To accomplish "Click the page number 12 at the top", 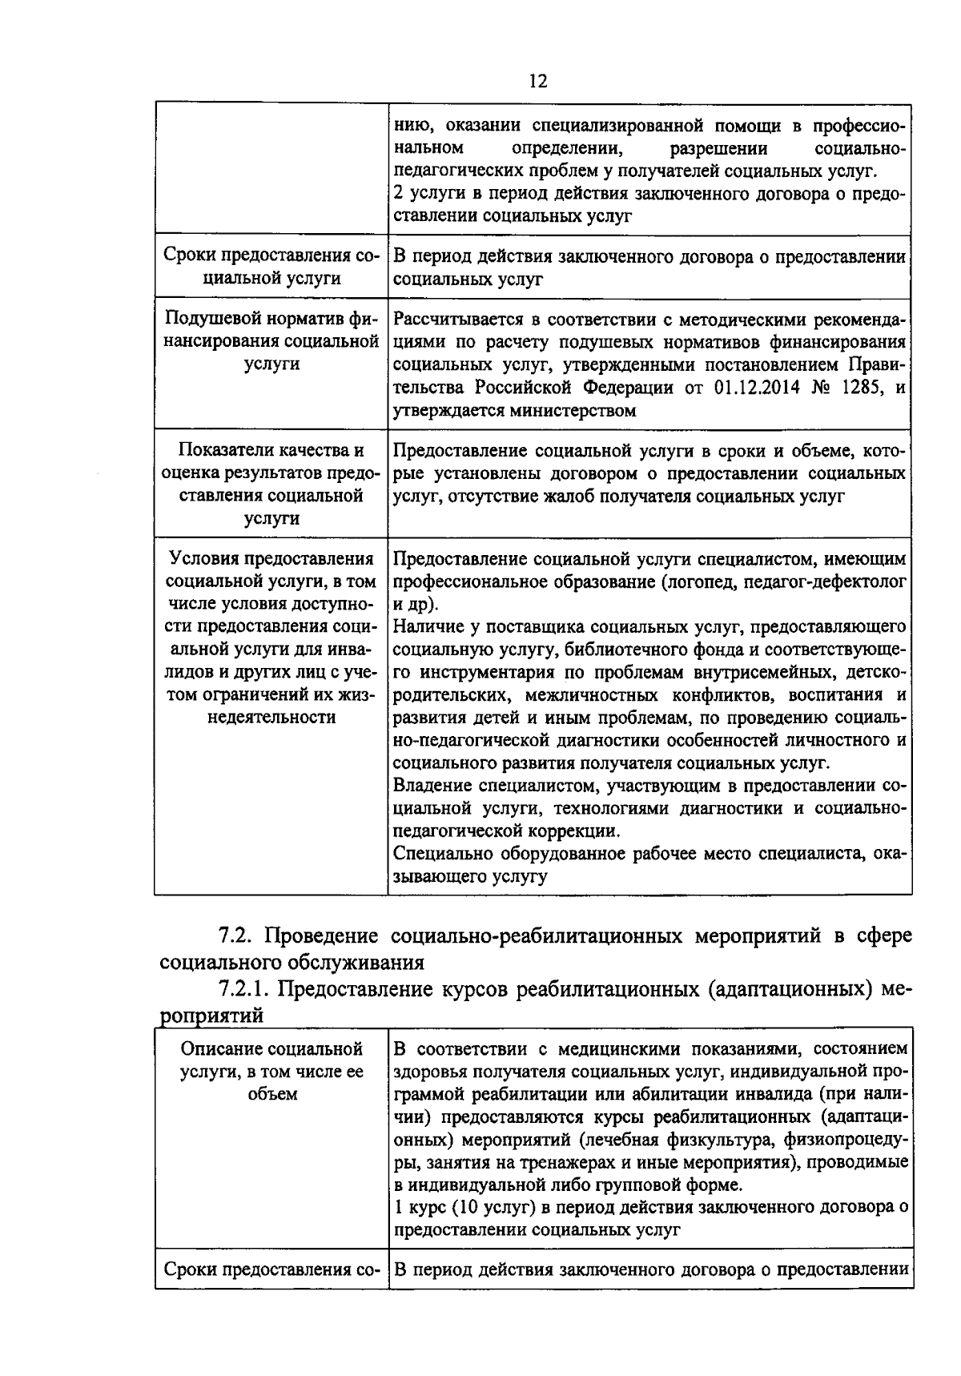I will click(x=538, y=81).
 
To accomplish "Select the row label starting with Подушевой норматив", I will click(x=271, y=320).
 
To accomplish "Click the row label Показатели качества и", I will click(x=271, y=450).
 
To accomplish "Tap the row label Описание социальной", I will click(x=271, y=1048).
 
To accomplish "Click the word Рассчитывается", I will click(x=456, y=320).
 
